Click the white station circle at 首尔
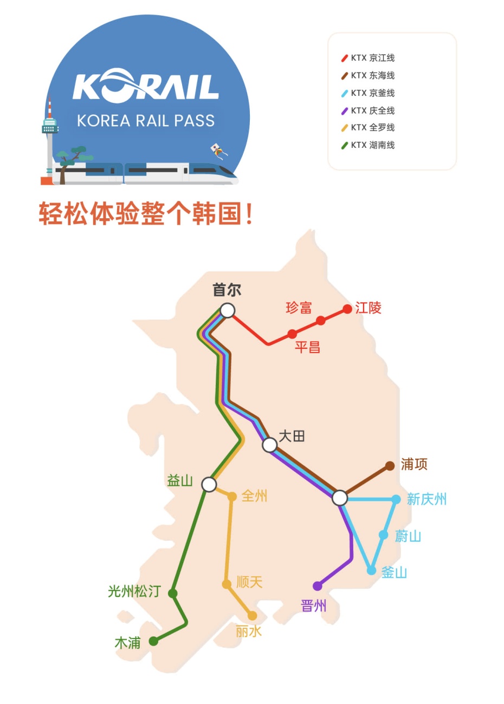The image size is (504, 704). coord(228,310)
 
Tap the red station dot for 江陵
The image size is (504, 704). coord(347,309)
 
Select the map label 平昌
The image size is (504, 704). coord(307,347)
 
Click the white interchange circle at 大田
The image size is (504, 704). coord(269,445)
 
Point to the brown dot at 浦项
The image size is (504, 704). coord(390,466)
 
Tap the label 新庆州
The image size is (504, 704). coord(427,499)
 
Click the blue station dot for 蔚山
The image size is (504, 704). coord(384,535)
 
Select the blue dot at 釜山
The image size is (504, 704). coord(371,570)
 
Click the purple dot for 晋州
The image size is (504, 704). coord(318,586)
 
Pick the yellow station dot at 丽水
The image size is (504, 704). coord(252,616)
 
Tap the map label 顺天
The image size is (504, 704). coord(249,582)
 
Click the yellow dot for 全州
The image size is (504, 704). coord(232,497)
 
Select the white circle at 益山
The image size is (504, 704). coord(209,484)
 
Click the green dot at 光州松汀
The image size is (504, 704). coord(173,594)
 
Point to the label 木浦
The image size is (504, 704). coord(127,643)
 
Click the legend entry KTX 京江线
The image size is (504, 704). coord(369,58)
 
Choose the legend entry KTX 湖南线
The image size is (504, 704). coord(369,145)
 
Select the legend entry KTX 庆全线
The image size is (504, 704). coord(369,110)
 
